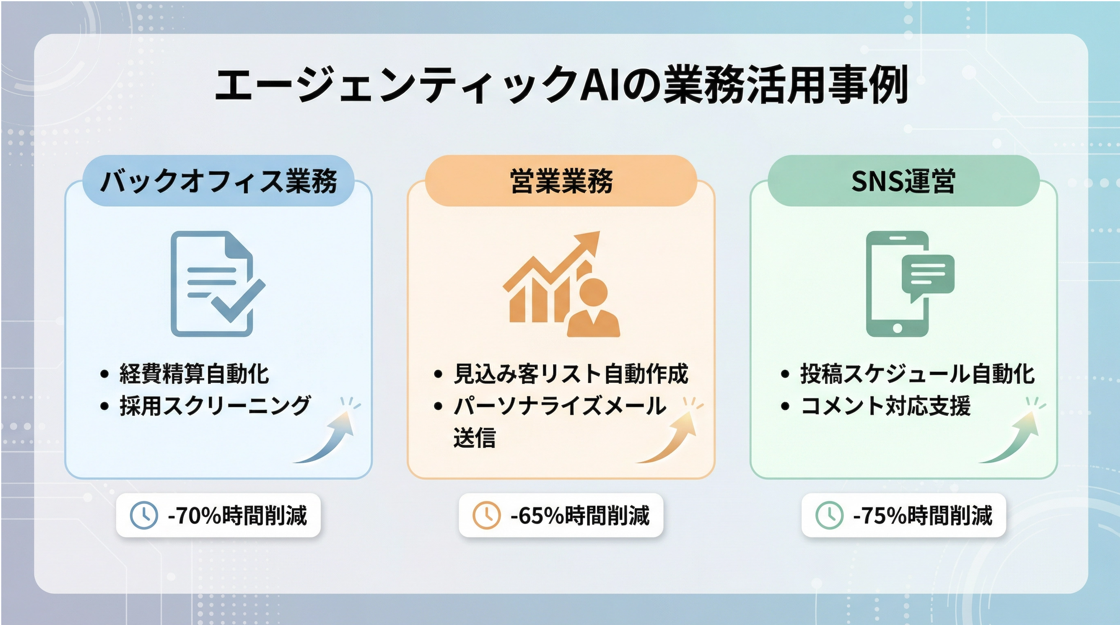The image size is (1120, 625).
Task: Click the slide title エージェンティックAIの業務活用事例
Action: point(561,84)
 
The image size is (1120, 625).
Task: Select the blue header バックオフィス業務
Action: point(219,180)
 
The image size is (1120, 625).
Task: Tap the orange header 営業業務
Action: point(561,180)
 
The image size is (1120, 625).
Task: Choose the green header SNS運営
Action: point(903,180)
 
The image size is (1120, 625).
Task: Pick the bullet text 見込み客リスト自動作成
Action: point(571,374)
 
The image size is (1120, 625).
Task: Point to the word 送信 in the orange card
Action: point(475,437)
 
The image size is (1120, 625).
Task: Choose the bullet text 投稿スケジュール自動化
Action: point(917,374)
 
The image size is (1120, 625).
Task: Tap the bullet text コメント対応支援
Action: point(885,406)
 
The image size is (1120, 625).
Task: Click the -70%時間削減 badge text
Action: point(237,516)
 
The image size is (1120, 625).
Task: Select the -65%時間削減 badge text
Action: point(580,516)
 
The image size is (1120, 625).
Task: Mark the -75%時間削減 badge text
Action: point(923,516)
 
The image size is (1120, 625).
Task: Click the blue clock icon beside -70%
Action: point(144,516)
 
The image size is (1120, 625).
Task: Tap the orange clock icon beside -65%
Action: point(486,516)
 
